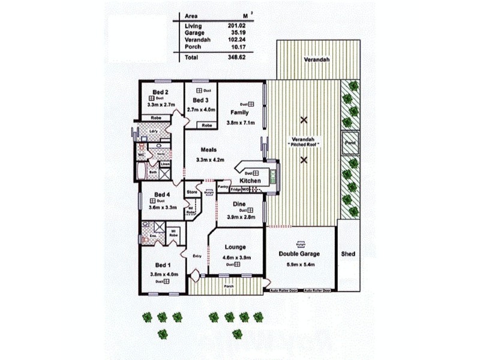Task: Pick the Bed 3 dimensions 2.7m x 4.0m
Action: click(200, 109)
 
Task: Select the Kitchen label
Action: click(250, 181)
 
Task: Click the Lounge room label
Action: click(235, 247)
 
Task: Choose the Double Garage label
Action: click(299, 254)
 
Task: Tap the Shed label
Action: click(348, 254)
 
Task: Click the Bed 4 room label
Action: click(163, 194)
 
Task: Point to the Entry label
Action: click(197, 257)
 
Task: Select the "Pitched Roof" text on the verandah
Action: click(304, 145)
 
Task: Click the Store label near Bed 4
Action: click(191, 192)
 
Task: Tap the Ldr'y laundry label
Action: click(153, 131)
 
